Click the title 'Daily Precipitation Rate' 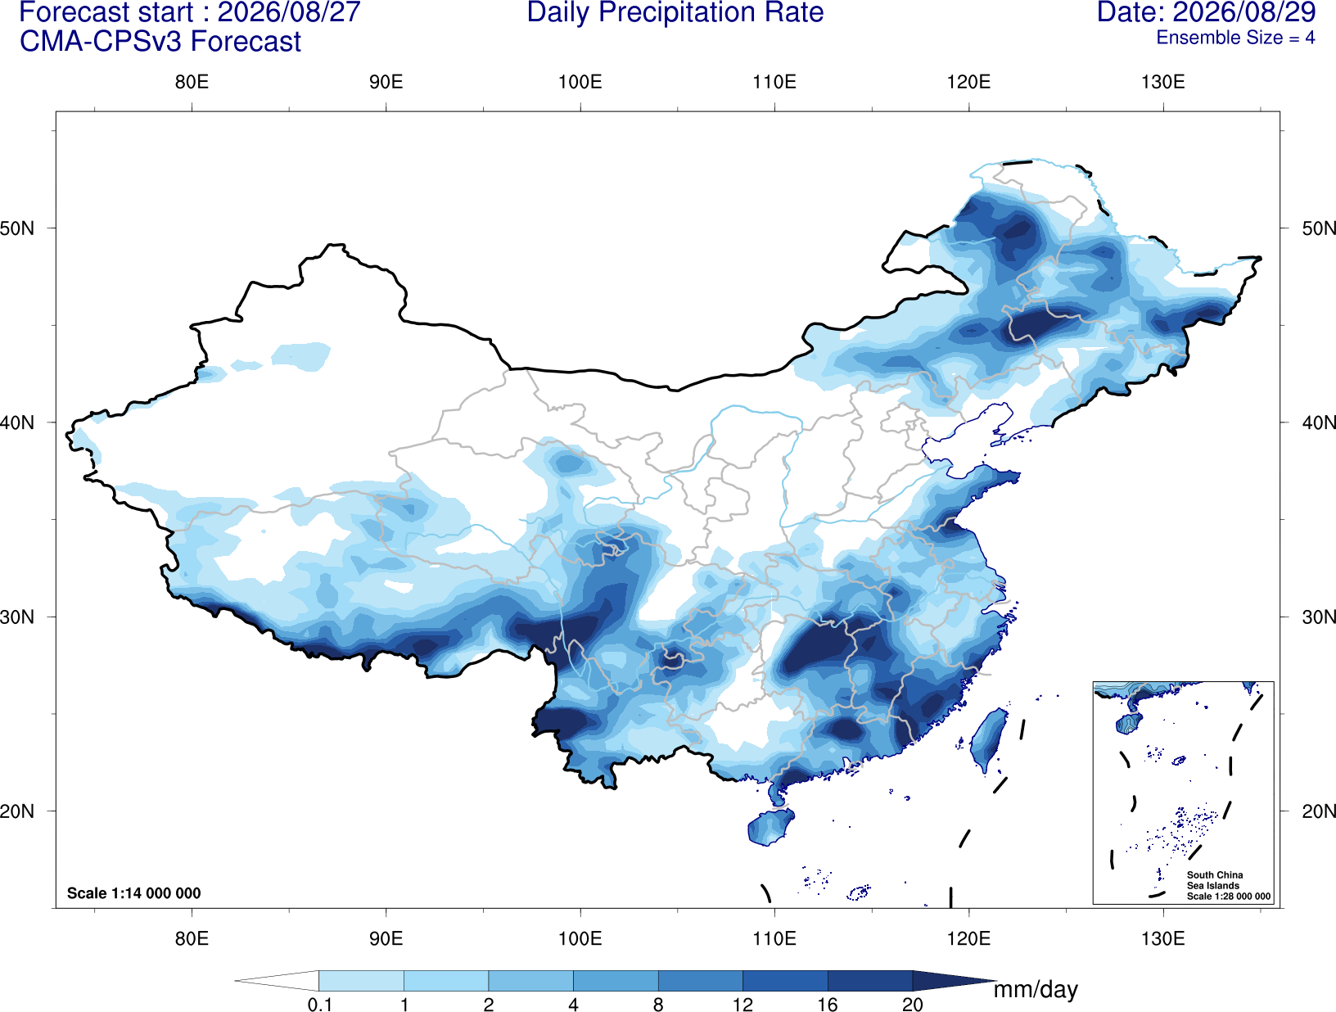pyautogui.click(x=675, y=12)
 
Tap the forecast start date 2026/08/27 pyautogui.click(x=289, y=12)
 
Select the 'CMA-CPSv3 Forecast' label pyautogui.click(x=160, y=42)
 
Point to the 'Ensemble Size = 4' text pyautogui.click(x=1235, y=38)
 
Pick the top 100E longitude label pyautogui.click(x=580, y=82)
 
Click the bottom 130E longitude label pyautogui.click(x=1162, y=938)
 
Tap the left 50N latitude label pyautogui.click(x=17, y=228)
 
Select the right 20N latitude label pyautogui.click(x=1319, y=811)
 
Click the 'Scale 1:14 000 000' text pyautogui.click(x=133, y=893)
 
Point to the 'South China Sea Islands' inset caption pyautogui.click(x=1215, y=880)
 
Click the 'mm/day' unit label pyautogui.click(x=1036, y=990)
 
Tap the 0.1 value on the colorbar pyautogui.click(x=319, y=1005)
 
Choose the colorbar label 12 pyautogui.click(x=742, y=1005)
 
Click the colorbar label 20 pyautogui.click(x=913, y=1005)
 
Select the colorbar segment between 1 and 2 pyautogui.click(x=446, y=981)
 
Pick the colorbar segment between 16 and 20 pyautogui.click(x=869, y=981)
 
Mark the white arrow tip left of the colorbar pyautogui.click(x=236, y=981)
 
